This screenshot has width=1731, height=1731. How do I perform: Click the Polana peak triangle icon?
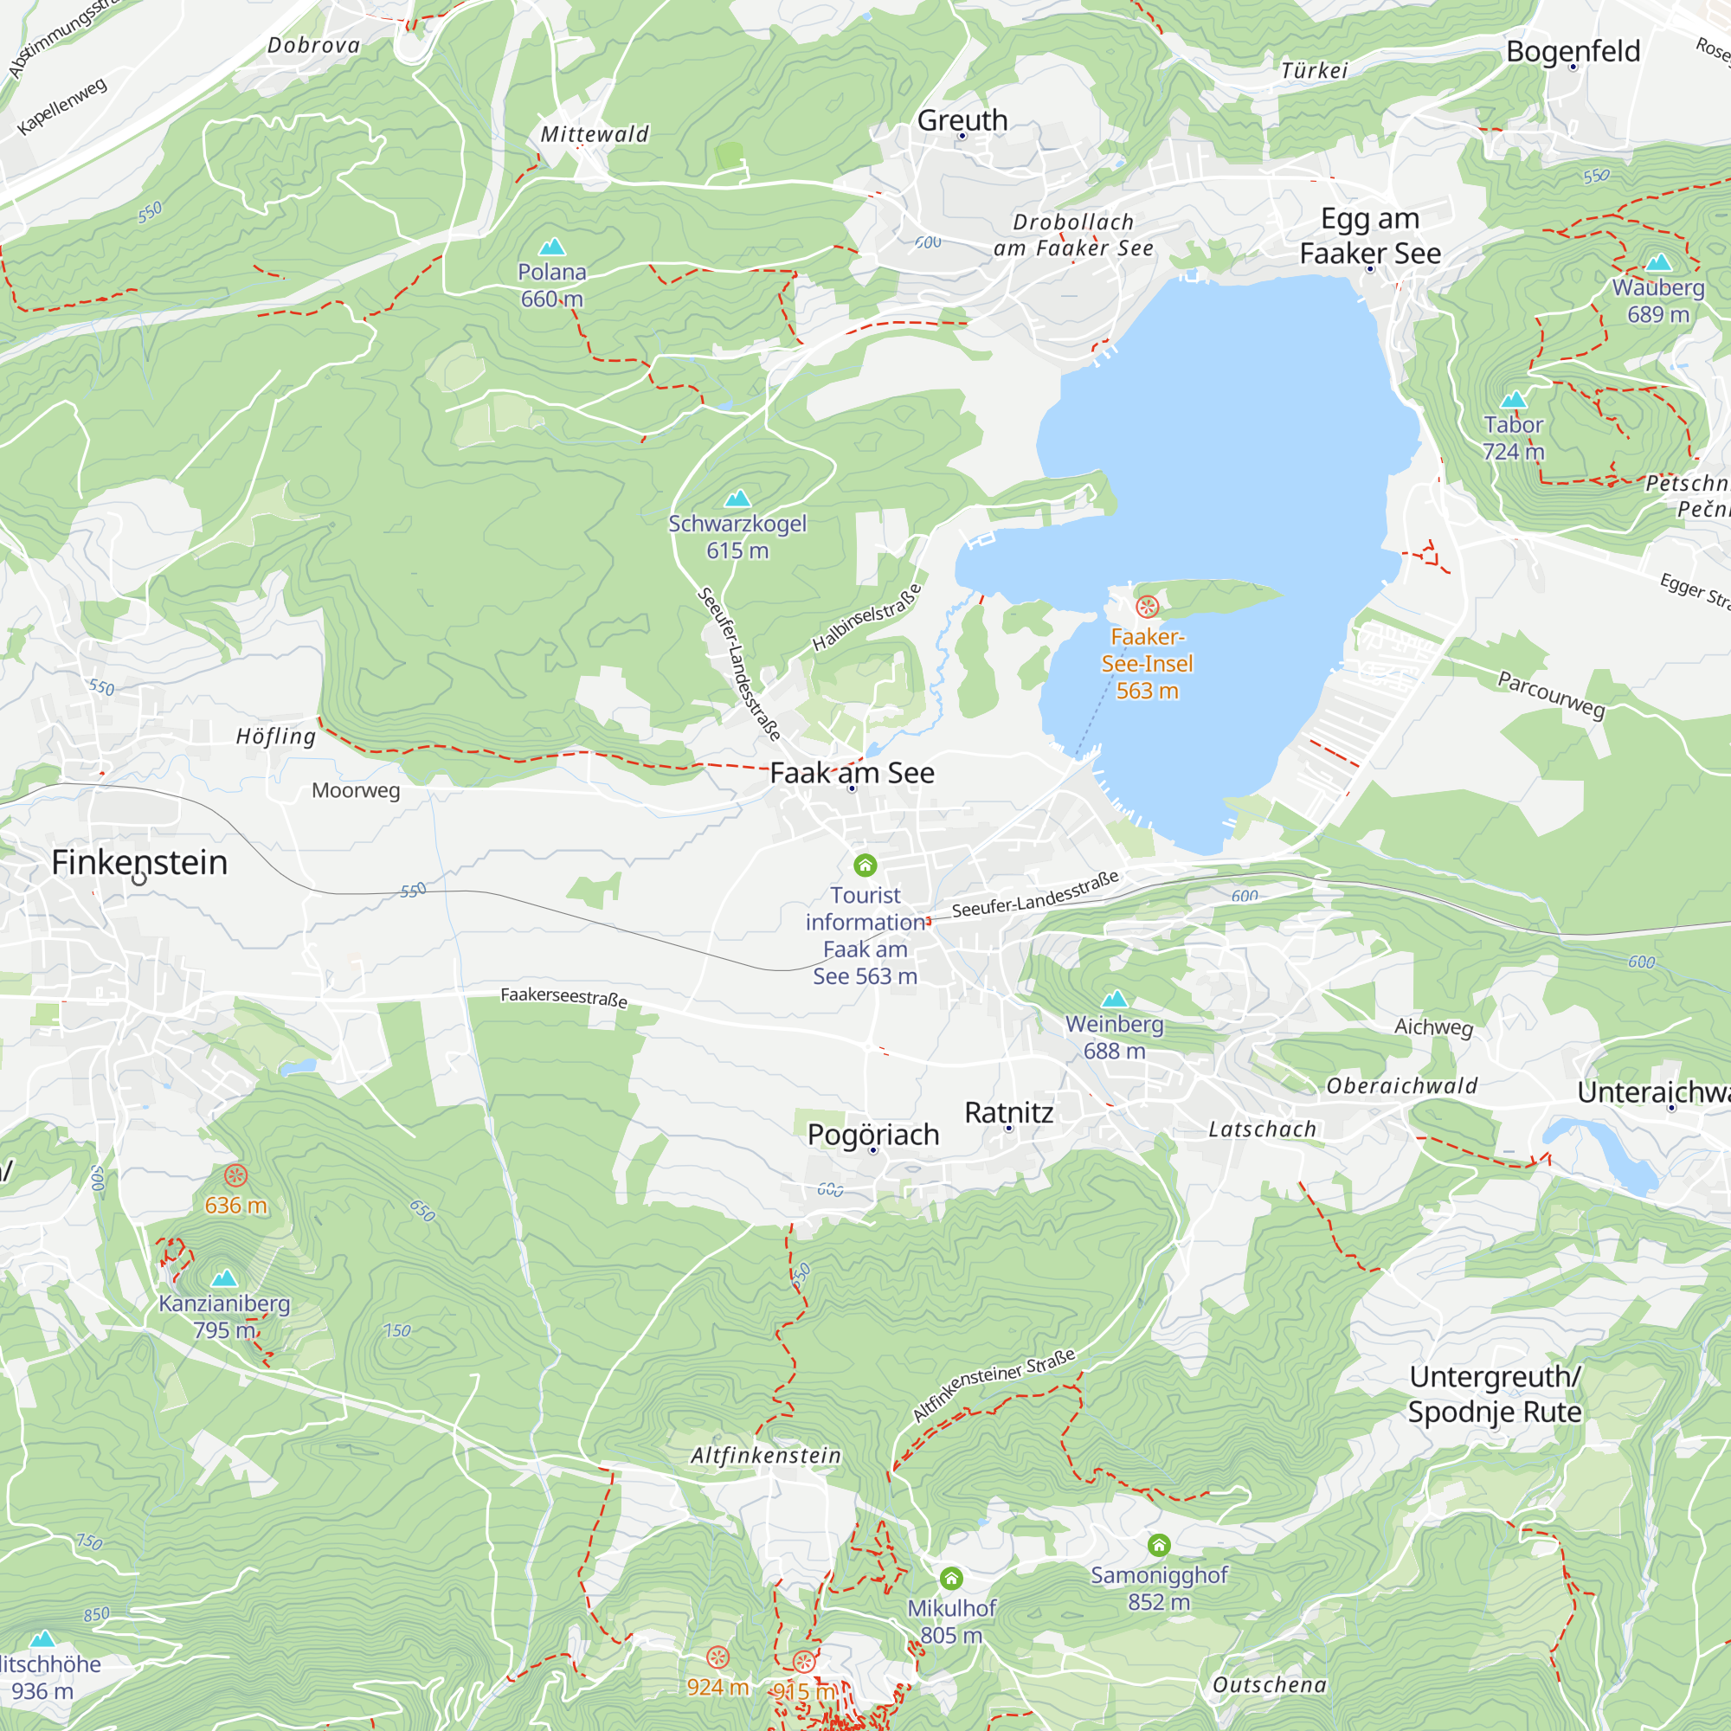(x=552, y=247)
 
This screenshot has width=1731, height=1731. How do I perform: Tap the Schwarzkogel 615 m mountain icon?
(x=737, y=499)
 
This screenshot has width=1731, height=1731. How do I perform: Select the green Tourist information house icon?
(x=865, y=865)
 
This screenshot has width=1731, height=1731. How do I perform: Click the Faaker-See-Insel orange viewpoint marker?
(x=1147, y=608)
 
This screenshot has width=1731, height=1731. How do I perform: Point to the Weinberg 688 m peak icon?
(x=1114, y=999)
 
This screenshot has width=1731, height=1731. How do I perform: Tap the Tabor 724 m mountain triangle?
(x=1513, y=400)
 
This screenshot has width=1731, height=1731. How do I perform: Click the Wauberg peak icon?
(x=1658, y=262)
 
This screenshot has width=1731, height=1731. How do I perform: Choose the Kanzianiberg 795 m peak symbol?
(x=224, y=1278)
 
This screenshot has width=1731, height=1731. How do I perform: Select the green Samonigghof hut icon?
(x=1159, y=1545)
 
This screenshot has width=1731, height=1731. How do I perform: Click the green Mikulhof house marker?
(x=951, y=1578)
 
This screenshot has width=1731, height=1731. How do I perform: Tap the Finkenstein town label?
(x=138, y=862)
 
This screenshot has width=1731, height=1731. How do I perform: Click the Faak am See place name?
(x=852, y=772)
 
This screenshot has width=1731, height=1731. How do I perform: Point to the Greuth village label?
(x=962, y=120)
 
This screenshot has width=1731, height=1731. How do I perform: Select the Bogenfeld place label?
(x=1573, y=51)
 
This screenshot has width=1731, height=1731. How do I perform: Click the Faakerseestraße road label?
(x=563, y=996)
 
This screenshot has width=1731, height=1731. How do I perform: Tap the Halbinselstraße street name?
(x=866, y=617)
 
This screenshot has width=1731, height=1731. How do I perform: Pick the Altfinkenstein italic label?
(x=766, y=1456)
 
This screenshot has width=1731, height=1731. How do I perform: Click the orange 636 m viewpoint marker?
(x=235, y=1175)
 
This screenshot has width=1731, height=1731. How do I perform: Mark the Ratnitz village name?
(x=1009, y=1112)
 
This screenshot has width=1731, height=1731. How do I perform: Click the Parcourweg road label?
(x=1551, y=694)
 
